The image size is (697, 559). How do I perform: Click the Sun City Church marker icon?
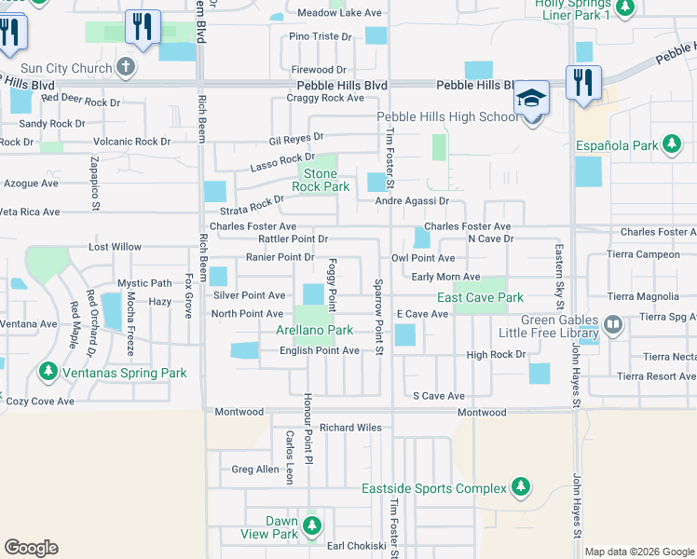(126, 68)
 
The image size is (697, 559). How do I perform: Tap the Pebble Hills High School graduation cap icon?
(531, 97)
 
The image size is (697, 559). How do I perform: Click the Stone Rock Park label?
(320, 181)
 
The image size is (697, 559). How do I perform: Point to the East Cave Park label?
(481, 298)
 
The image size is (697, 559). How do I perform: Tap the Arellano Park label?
(314, 331)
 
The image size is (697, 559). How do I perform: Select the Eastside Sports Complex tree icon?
(520, 487)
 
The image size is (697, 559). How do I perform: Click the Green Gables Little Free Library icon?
(613, 324)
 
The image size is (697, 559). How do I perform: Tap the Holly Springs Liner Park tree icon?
(626, 7)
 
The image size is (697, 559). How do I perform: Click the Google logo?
(31, 548)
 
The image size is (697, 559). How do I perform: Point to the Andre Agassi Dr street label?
(412, 201)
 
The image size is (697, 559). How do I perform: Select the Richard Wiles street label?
(350, 428)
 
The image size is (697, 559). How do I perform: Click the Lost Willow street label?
(115, 247)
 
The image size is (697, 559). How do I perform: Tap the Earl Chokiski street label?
(356, 546)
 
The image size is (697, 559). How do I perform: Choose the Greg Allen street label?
(254, 470)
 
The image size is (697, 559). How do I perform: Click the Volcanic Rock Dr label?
(131, 143)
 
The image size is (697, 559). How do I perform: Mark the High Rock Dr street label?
(496, 355)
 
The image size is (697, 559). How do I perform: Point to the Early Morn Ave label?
(445, 277)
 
